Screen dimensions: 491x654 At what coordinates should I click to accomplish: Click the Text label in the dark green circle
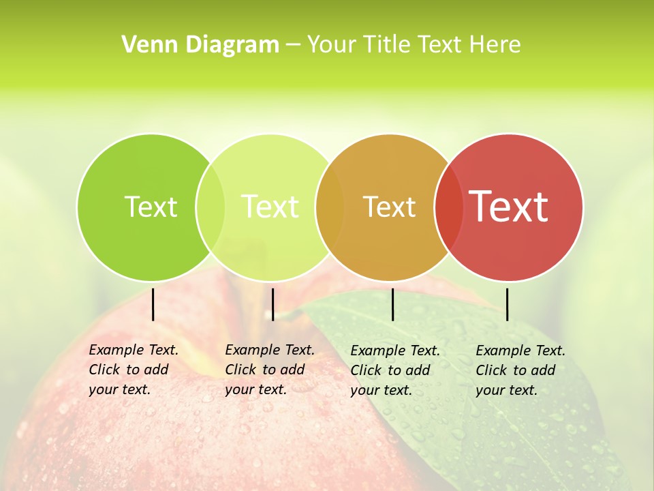pyautogui.click(x=151, y=207)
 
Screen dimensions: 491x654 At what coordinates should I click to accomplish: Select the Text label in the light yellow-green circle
pyautogui.click(x=270, y=207)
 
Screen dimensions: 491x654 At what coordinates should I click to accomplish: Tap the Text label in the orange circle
pyautogui.click(x=389, y=207)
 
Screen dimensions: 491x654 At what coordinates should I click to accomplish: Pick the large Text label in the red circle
pyautogui.click(x=509, y=206)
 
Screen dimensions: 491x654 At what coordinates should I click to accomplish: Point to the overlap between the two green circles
pyautogui.click(x=211, y=207)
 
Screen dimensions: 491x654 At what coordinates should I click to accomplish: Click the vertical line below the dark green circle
pyautogui.click(x=153, y=304)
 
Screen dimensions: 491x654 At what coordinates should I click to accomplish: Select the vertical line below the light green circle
pyautogui.click(x=272, y=304)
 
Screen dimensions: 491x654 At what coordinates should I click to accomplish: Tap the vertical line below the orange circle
pyautogui.click(x=393, y=304)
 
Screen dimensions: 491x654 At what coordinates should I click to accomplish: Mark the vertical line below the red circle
pyautogui.click(x=508, y=304)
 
